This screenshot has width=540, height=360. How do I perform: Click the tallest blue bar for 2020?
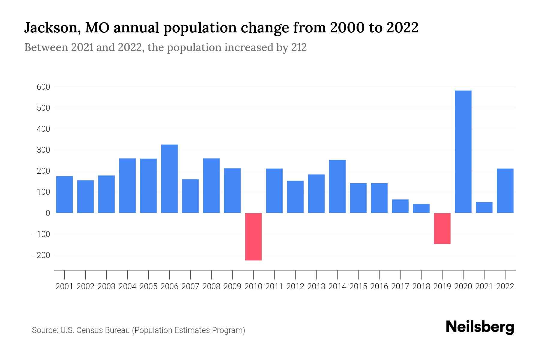pyautogui.click(x=463, y=151)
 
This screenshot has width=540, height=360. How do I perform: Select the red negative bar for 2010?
pyautogui.click(x=253, y=236)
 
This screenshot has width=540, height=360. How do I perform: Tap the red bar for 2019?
pyautogui.click(x=442, y=228)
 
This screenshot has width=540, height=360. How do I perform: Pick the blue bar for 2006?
pyautogui.click(x=169, y=179)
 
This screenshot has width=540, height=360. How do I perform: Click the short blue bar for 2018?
pyautogui.click(x=421, y=208)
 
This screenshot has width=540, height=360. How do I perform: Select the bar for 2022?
pyautogui.click(x=505, y=191)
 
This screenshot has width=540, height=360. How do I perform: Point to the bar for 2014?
pyautogui.click(x=337, y=186)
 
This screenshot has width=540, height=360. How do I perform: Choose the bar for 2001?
pyautogui.click(x=64, y=194)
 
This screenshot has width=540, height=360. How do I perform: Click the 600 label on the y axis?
pyautogui.click(x=43, y=87)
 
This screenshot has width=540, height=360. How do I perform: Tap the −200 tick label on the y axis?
pyautogui.click(x=41, y=255)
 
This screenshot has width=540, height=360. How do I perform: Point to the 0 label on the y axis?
pyautogui.click(x=48, y=213)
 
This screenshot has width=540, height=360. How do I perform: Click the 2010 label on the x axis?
pyautogui.click(x=253, y=286)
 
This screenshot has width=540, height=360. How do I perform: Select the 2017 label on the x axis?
pyautogui.click(x=400, y=286)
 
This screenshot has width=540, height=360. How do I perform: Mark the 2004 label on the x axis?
pyautogui.click(x=127, y=286)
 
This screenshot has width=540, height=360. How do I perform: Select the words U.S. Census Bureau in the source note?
pyautogui.click(x=95, y=330)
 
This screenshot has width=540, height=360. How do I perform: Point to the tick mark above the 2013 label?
pyautogui.click(x=316, y=274)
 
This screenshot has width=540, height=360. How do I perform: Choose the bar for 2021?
pyautogui.click(x=484, y=207)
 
